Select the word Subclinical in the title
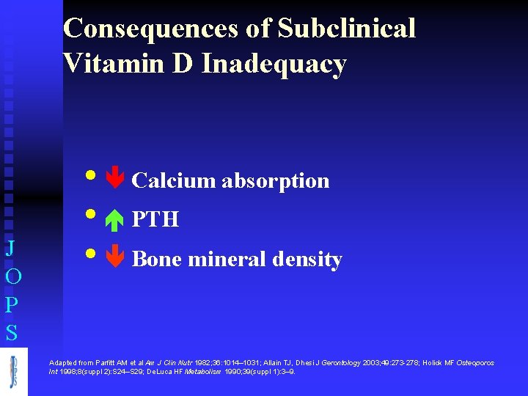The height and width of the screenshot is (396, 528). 346,29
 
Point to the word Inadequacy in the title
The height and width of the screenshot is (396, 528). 274,65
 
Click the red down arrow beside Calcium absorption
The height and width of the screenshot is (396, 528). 115,180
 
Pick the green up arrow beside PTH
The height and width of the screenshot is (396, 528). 115,219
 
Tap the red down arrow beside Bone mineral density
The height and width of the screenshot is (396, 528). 115,258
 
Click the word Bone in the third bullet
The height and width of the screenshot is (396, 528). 156,259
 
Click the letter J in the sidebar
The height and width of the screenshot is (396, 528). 11,247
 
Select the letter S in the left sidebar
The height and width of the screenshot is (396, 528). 12,333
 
